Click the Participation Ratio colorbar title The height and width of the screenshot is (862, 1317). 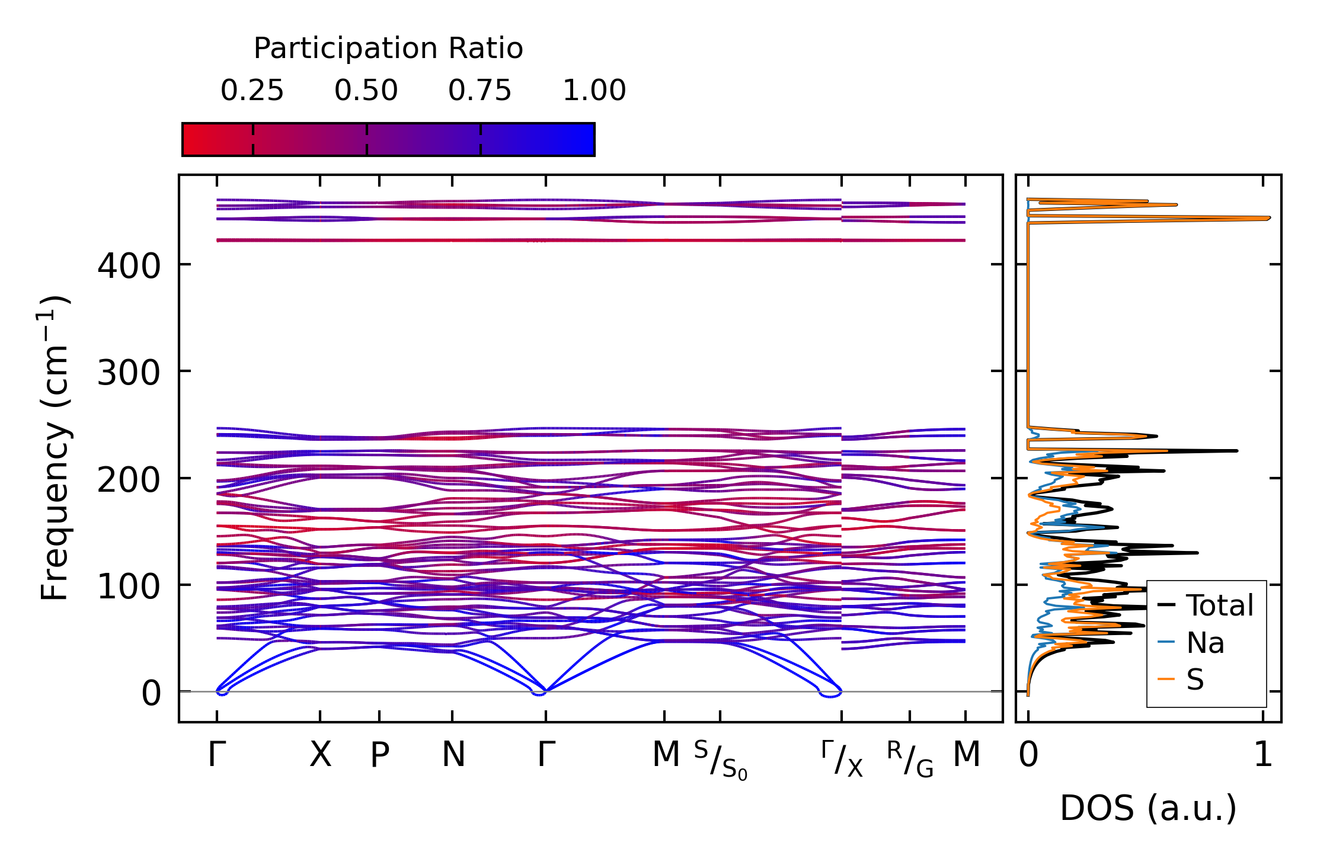coord(388,49)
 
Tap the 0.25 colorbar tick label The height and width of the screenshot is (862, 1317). coord(252,91)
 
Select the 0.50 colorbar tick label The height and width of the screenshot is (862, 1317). coord(366,91)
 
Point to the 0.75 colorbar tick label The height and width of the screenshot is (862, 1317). coord(480,91)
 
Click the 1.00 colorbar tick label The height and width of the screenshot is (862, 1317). coord(594,91)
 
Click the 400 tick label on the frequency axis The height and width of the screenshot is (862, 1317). coord(129,266)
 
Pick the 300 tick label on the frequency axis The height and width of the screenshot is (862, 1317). coord(129,373)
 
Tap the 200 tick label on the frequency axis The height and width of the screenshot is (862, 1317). coord(129,480)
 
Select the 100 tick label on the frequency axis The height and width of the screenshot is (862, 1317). coord(129,587)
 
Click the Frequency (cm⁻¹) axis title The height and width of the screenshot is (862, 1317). coord(55,448)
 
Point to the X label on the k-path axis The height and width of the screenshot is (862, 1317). coord(321,755)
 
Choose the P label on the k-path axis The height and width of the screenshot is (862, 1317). coord(379,755)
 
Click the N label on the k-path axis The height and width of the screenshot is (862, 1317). coord(453,755)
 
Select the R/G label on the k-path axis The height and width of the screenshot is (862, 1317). coord(910,760)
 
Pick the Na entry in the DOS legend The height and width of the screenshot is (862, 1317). coord(1205,643)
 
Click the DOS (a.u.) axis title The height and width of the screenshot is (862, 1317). coord(1148,809)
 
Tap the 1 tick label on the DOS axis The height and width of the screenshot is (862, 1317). coord(1263,755)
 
